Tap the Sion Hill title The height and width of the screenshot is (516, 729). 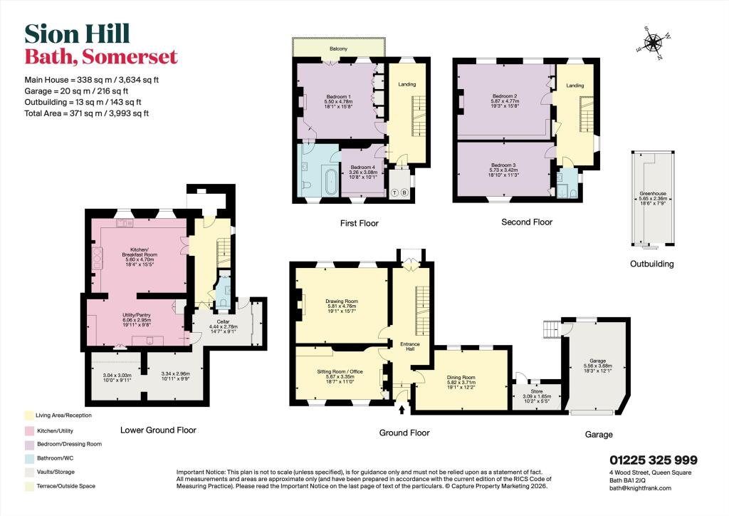[78, 33]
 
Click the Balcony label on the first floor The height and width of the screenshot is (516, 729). [338, 48]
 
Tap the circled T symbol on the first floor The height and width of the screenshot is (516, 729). [394, 192]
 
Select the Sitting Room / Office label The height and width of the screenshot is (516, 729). [342, 371]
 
